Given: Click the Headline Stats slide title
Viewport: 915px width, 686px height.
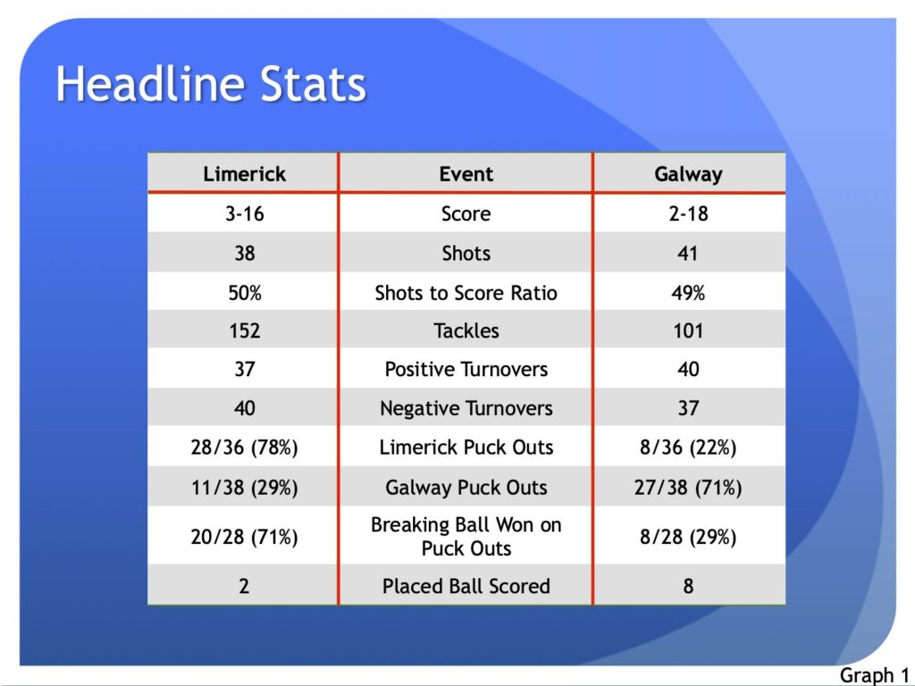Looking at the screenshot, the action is (211, 84).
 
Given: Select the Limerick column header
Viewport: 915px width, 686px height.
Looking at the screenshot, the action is (245, 174).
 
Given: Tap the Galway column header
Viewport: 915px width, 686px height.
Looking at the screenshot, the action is (689, 174).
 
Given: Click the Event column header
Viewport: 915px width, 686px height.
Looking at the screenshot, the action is (466, 174).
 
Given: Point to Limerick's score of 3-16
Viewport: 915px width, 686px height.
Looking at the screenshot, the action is (245, 213).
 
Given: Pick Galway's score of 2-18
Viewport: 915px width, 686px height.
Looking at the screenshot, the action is (689, 213).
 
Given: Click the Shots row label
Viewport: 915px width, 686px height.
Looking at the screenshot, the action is (466, 253).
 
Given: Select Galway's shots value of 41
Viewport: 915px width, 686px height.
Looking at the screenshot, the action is (688, 253).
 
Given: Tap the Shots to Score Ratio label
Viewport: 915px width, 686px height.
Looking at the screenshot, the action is (466, 292).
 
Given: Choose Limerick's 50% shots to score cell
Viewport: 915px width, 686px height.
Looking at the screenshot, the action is (245, 292).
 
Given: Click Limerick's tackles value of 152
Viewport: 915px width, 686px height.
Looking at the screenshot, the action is (245, 330).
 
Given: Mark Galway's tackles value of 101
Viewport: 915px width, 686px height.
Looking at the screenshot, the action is (689, 330).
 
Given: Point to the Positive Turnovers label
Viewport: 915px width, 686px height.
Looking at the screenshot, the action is (466, 369).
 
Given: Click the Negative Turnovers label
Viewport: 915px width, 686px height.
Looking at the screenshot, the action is (466, 408).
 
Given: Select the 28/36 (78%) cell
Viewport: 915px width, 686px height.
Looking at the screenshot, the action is (245, 448).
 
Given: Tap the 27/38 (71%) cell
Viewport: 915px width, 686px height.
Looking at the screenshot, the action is (689, 487).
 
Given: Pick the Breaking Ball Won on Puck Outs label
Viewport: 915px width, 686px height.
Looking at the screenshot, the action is (466, 537).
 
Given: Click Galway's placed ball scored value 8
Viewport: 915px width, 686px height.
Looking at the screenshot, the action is (689, 586).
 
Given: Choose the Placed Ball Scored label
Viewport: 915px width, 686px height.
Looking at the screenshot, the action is (466, 586).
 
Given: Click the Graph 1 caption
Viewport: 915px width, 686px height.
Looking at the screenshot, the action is (874, 675).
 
